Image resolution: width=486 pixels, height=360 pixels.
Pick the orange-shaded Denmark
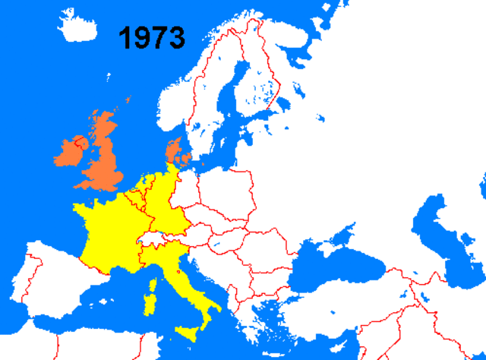[174, 153]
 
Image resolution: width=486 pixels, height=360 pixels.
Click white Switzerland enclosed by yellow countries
[152, 241]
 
